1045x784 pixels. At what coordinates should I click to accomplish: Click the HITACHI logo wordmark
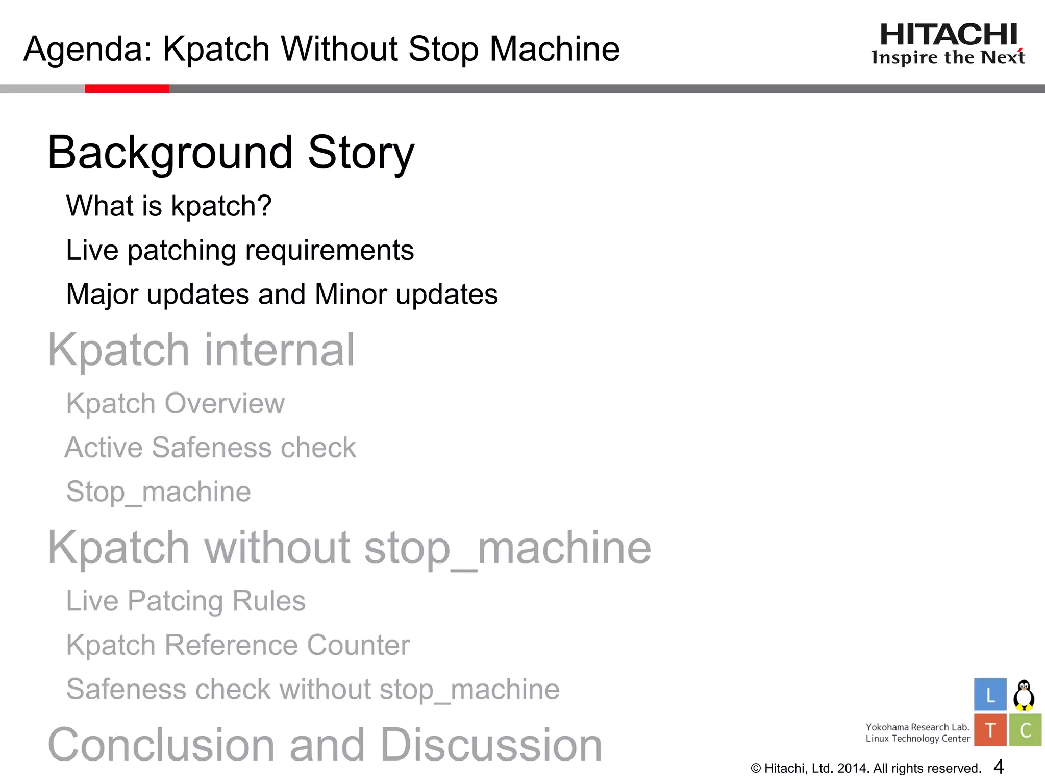pos(949,35)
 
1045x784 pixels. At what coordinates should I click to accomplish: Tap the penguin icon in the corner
pos(1024,695)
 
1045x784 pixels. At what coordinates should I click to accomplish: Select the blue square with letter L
pos(990,695)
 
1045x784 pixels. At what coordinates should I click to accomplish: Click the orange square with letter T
pos(990,730)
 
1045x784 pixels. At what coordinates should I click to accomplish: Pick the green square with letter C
pos(1025,730)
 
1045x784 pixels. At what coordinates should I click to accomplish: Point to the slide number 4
pos(999,767)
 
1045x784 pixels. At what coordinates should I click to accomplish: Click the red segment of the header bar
pos(127,89)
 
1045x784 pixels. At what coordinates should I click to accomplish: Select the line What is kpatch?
pos(169,206)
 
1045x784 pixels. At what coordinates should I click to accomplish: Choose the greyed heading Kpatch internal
pos(201,350)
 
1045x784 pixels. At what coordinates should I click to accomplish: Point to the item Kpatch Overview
pos(176,403)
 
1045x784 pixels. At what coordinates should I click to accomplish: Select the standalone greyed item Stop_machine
pos(159,492)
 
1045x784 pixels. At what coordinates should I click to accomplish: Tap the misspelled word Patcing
pos(175,601)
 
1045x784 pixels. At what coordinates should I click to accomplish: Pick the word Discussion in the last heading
pos(491,745)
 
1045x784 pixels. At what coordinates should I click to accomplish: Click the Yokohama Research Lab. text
pos(917,727)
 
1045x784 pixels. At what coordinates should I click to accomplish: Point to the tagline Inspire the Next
pos(948,57)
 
